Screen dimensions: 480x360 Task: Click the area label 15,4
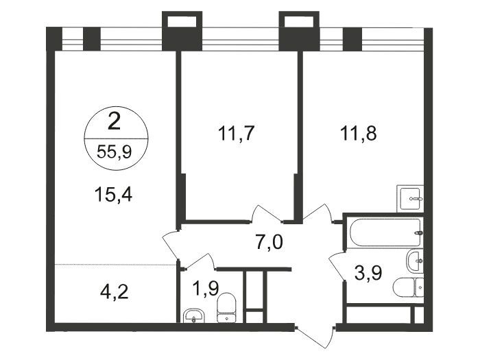click(x=113, y=194)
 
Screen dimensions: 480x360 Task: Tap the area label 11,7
click(x=236, y=133)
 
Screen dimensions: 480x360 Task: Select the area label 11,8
click(x=359, y=133)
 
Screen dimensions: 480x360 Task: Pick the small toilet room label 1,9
click(x=205, y=289)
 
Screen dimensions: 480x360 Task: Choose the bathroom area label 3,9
click(x=368, y=273)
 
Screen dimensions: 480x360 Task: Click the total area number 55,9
click(x=115, y=152)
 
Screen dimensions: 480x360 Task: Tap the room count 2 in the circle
click(x=115, y=123)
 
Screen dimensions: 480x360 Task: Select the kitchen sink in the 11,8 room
click(x=410, y=198)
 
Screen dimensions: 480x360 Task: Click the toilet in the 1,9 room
click(x=226, y=308)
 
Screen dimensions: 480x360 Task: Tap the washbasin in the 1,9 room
click(x=193, y=315)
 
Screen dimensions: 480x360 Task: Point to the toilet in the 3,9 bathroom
click(x=409, y=287)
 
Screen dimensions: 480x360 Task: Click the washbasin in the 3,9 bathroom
click(x=415, y=261)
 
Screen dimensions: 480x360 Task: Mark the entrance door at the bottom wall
click(x=315, y=336)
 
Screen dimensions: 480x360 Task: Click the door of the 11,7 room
click(x=266, y=214)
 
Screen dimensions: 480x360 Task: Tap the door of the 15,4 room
click(x=170, y=245)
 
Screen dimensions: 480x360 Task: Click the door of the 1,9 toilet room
click(x=200, y=261)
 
